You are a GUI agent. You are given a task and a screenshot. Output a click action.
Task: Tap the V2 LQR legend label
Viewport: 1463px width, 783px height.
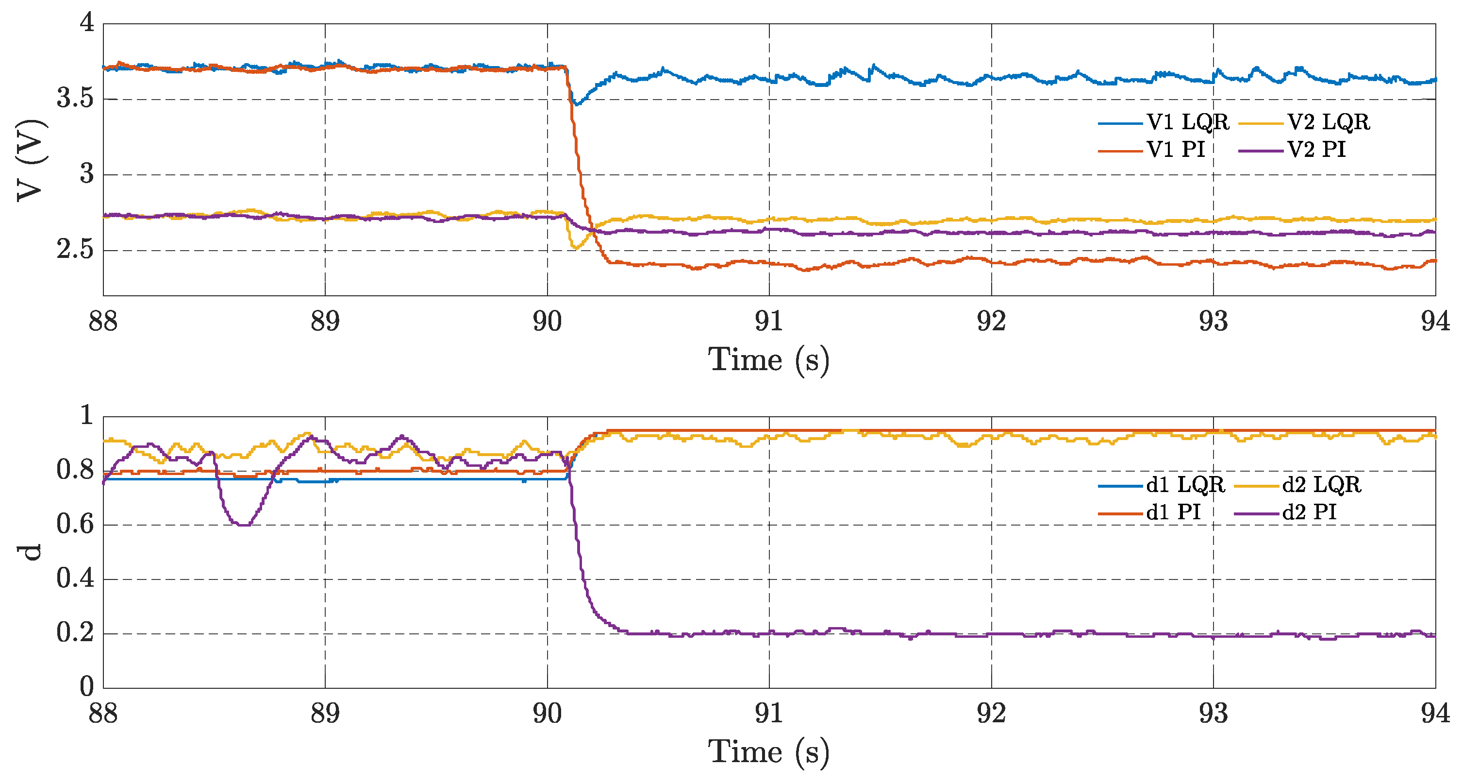1328,122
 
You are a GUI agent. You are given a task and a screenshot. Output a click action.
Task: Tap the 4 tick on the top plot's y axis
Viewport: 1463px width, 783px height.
86,23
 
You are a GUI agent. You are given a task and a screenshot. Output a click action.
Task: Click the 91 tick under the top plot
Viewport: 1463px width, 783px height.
769,322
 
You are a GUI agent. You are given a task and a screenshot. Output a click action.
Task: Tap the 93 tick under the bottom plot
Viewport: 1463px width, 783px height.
1213,714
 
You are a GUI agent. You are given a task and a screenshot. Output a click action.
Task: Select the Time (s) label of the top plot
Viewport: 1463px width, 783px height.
769,360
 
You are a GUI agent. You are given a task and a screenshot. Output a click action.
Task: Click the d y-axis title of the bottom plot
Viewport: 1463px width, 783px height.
31,552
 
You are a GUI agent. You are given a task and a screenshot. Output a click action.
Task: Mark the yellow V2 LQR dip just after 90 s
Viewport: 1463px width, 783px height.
575,247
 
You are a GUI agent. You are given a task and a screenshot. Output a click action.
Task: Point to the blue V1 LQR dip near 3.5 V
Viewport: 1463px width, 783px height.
577,104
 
